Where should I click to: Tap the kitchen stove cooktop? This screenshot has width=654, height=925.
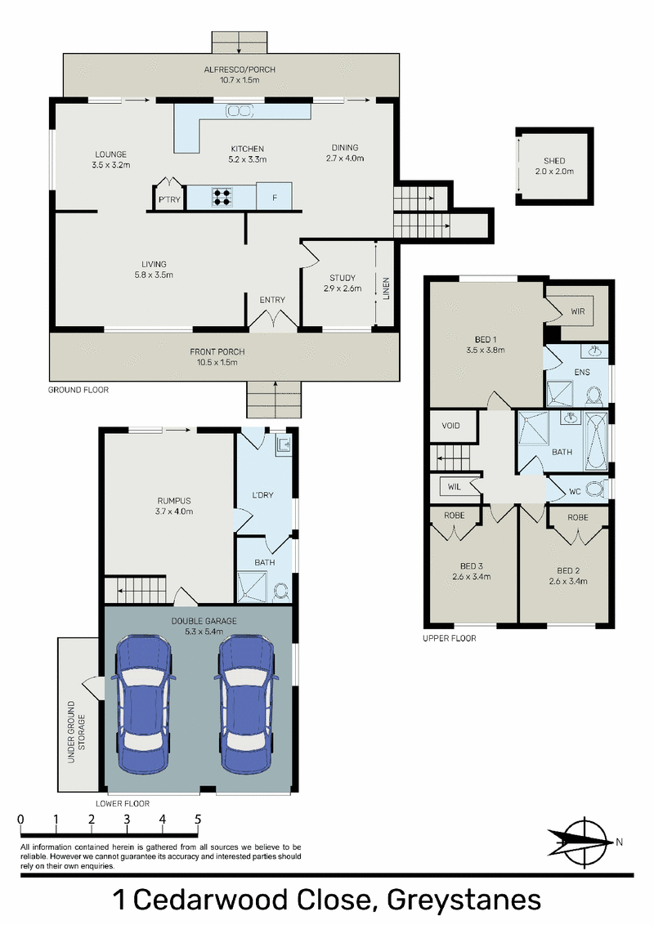222,196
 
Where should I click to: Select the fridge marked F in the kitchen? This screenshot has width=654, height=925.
274,196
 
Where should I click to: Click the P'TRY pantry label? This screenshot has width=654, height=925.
169,199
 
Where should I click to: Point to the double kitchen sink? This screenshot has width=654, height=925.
241,110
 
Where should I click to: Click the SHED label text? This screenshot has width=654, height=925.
554,160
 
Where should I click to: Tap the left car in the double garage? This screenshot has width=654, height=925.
143,704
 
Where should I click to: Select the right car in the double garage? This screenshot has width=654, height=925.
246,704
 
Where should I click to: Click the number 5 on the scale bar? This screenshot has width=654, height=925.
198,820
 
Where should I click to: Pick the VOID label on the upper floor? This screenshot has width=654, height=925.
450,426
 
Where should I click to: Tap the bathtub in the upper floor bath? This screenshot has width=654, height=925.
595,442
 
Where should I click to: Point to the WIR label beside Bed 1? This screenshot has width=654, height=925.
578,311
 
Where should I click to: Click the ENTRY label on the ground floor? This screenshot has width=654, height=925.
272,300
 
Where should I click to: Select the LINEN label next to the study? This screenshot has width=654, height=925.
386,289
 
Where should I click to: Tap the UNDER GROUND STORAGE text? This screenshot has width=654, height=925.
77,731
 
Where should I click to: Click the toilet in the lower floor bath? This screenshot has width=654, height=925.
281,591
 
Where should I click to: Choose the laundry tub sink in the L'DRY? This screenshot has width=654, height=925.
283,445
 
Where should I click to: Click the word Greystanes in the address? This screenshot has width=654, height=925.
464,900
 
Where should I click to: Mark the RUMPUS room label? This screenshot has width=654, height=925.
174,501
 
